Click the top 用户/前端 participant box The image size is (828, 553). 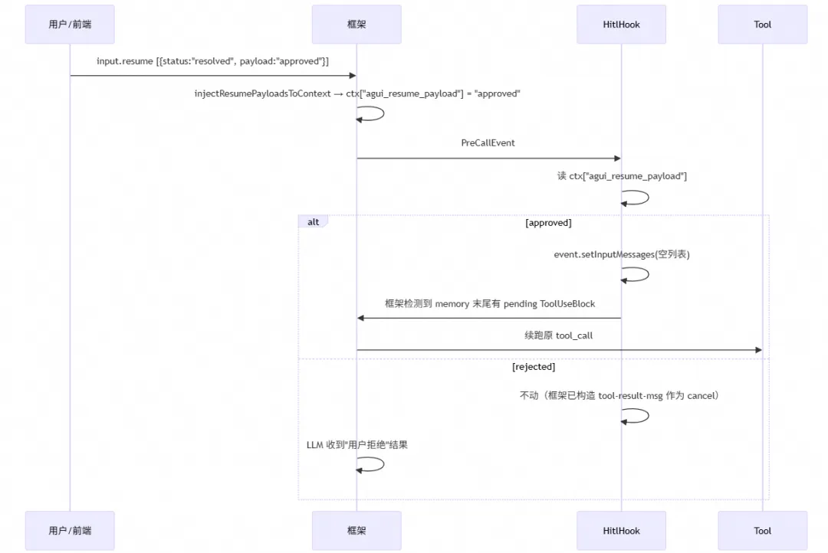pyautogui.click(x=70, y=25)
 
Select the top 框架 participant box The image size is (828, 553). pyautogui.click(x=356, y=25)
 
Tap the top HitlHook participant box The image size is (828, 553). pyautogui.click(x=621, y=25)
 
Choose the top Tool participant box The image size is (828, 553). pyautogui.click(x=763, y=25)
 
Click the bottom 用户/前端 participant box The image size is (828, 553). pyautogui.click(x=70, y=530)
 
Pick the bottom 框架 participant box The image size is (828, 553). pyautogui.click(x=356, y=530)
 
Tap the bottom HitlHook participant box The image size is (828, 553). pyautogui.click(x=621, y=530)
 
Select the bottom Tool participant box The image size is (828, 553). pyautogui.click(x=763, y=530)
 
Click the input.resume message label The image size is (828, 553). pyautogui.click(x=212, y=61)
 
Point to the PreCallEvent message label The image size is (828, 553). pyautogui.click(x=488, y=143)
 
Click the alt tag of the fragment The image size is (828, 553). pyautogui.click(x=313, y=221)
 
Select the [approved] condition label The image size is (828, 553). pyautogui.click(x=548, y=223)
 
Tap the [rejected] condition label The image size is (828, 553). pyautogui.click(x=534, y=367)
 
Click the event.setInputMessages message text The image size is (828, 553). pyautogui.click(x=622, y=254)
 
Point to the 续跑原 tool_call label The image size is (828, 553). pyautogui.click(x=558, y=335)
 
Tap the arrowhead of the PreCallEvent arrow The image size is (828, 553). pyautogui.click(x=618, y=159)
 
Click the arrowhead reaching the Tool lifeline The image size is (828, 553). pyautogui.click(x=759, y=350)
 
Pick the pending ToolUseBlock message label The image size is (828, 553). pyautogui.click(x=489, y=304)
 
